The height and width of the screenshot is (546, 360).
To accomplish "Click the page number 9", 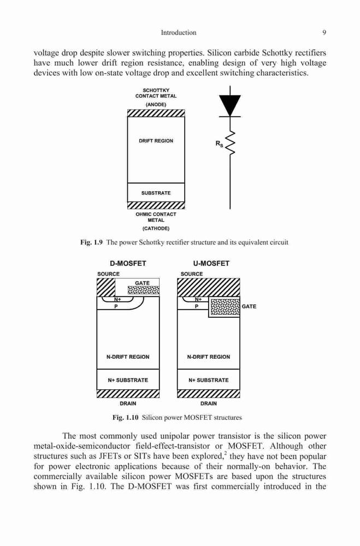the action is (x=324, y=33).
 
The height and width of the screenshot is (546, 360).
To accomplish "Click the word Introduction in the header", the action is (x=179, y=33).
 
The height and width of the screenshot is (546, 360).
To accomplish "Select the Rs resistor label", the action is (x=219, y=144).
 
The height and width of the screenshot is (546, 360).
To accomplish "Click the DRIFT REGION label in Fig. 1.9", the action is (x=156, y=141).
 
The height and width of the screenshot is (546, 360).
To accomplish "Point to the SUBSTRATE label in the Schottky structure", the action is (x=156, y=193).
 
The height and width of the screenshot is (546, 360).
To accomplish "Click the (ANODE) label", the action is (x=156, y=104).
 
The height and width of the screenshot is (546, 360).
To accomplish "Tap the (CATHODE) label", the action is (x=156, y=228).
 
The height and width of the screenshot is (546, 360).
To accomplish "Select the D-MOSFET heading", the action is (x=128, y=264).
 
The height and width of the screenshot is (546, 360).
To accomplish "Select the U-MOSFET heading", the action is (x=211, y=264).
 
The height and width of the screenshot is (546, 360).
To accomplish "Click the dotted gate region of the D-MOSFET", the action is (x=144, y=290).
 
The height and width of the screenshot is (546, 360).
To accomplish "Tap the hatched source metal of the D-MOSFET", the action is (x=105, y=287).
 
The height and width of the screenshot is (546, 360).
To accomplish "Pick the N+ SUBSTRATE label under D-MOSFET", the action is (x=128, y=380).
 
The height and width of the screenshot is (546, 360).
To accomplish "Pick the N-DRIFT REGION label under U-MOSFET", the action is (x=208, y=357).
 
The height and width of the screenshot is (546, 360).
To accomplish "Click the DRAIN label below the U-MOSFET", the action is (x=208, y=403).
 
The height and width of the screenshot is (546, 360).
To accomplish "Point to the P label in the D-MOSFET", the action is (x=116, y=306).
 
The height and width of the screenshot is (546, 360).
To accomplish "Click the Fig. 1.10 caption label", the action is (x=126, y=417).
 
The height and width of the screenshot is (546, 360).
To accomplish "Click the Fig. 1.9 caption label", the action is (x=91, y=242).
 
